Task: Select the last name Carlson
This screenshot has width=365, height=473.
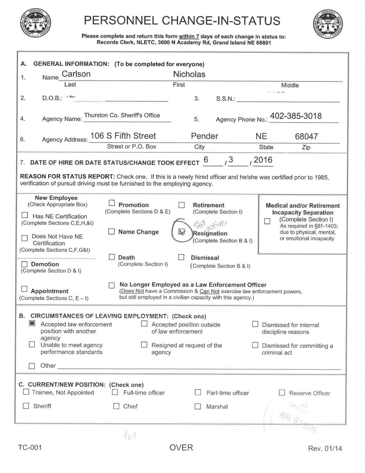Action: [x=76, y=74]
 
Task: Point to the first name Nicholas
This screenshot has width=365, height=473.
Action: [x=189, y=74]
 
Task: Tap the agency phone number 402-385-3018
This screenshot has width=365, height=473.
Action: [x=296, y=116]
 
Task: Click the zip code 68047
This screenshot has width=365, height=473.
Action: [x=306, y=136]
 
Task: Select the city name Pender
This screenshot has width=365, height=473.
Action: [x=204, y=136]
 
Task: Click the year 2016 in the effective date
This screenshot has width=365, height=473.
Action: [x=263, y=160]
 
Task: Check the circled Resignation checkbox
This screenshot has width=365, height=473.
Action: [x=182, y=232]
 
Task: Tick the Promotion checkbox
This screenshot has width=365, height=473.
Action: [x=112, y=203]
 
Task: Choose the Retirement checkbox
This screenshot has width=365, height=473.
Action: [x=182, y=205]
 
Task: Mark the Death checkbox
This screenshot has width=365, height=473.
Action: [x=112, y=257]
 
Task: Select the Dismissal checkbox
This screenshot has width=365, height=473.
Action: [x=181, y=257]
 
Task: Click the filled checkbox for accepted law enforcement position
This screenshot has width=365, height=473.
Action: [x=32, y=323]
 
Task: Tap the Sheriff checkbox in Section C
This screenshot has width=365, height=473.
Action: [x=26, y=406]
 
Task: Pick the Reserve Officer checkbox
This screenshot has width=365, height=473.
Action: [x=282, y=393]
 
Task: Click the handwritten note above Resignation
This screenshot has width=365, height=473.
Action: [x=210, y=225]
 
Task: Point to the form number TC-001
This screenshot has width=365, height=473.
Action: [x=30, y=447]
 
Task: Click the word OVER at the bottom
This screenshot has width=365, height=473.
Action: [x=181, y=447]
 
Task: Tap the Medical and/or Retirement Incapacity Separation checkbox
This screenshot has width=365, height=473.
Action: [x=267, y=221]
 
